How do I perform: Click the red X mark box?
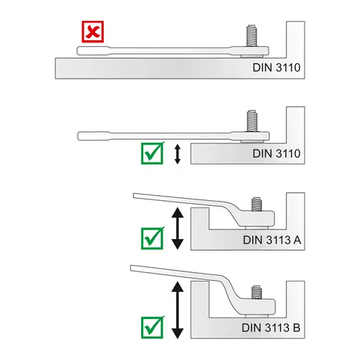93,32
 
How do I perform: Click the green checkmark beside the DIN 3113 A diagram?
153,238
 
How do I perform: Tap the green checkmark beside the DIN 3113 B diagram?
153,327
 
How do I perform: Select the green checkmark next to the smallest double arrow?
153,153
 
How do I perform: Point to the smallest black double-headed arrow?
177,154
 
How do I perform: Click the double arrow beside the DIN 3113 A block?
178,228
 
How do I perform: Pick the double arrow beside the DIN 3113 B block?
178,310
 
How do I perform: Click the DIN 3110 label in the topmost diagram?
276,68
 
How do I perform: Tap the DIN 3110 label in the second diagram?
276,153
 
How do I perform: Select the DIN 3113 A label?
272,240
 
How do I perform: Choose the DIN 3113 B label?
271,328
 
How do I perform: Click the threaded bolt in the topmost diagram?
251,35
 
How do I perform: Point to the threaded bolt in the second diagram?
252,121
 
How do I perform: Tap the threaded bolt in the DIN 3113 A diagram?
256,204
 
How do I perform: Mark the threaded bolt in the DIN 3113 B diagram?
256,292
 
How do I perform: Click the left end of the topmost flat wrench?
78,51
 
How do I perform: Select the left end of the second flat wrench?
78,136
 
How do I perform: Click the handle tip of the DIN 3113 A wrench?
134,196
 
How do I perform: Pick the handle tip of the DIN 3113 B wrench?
131,268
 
